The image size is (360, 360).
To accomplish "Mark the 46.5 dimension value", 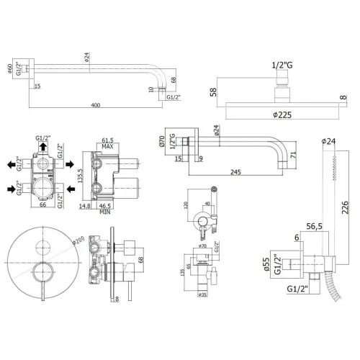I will tap(112, 206).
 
